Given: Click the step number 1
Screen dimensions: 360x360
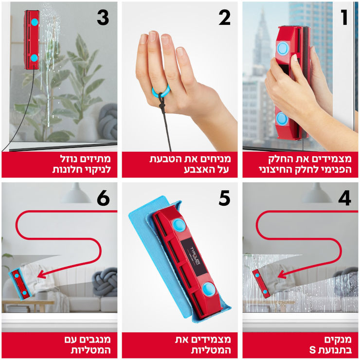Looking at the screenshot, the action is [344, 18].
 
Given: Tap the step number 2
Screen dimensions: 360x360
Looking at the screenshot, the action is [224, 18].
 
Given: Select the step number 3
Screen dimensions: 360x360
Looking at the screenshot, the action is [103, 18].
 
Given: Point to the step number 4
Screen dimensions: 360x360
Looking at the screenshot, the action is [344, 198].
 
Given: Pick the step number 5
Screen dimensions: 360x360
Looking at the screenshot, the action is [224, 198].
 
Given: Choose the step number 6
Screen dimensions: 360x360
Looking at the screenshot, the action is [103, 198].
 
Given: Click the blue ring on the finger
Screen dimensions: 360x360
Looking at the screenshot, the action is [161, 91].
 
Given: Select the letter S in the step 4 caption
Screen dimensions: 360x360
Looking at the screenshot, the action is [312, 350].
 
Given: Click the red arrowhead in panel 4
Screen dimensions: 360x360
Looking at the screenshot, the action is [282, 274].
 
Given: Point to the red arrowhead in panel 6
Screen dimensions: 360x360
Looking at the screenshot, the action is [41, 274].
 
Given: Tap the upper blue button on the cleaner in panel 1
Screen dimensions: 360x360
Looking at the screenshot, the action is [283, 48].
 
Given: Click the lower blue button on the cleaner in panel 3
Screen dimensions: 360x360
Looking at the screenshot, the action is [34, 58].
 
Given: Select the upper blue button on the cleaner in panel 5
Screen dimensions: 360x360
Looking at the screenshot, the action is [180, 225].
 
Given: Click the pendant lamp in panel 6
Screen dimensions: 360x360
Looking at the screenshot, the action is [76, 193].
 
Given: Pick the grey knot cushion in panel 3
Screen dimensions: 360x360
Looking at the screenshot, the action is [108, 122].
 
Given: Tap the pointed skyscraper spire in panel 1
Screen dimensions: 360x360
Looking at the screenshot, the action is [262, 35].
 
